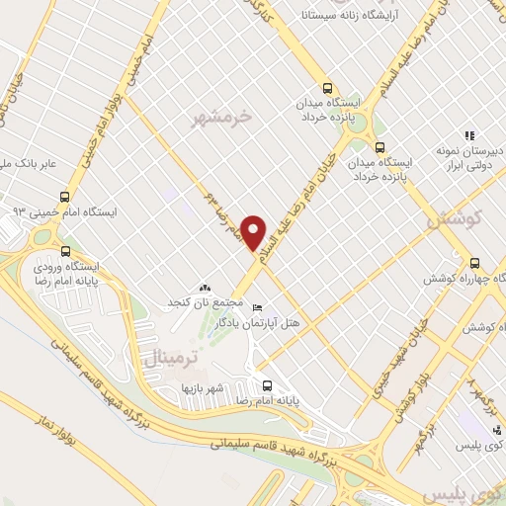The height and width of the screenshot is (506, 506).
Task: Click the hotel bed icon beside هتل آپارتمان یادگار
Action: [259, 306]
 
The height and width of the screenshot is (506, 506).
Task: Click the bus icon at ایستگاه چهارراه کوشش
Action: [474, 263]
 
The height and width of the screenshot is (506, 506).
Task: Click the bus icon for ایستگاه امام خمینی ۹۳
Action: [65, 197]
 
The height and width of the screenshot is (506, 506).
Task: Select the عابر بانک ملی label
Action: [30, 159]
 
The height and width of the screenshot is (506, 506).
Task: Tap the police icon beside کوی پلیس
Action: [498, 431]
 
